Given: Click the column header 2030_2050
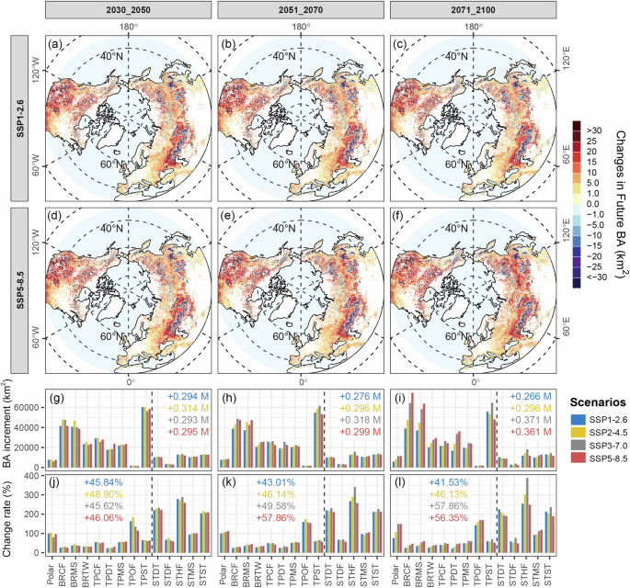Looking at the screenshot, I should (128, 12).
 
